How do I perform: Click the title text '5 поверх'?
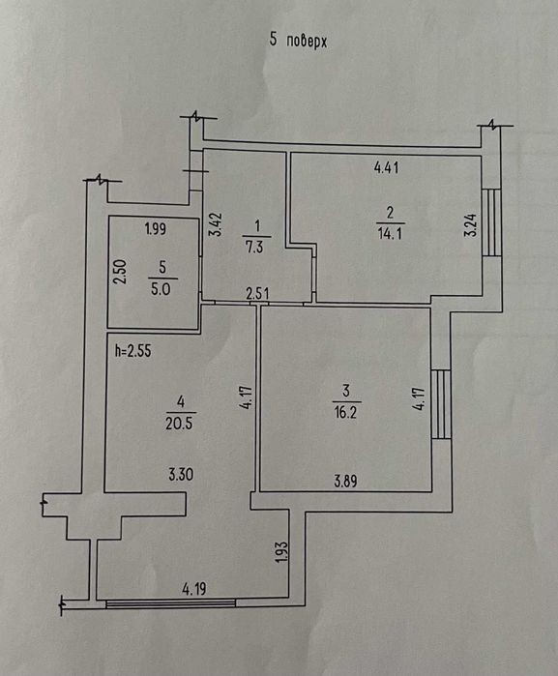298,41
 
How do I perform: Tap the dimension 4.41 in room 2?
386,167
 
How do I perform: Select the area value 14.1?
391,234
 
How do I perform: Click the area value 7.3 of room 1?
254,248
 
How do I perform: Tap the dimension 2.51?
257,294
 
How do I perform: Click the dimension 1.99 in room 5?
156,228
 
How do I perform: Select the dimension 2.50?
120,271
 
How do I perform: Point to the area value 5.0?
161,289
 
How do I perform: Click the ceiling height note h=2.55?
132,350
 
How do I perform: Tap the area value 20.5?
179,424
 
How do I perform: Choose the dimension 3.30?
181,475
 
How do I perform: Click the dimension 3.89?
346,481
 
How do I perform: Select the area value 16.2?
345,413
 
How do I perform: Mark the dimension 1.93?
281,553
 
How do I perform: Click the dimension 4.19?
194,589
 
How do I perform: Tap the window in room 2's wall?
491,222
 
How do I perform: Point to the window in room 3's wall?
441,404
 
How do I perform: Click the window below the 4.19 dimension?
171,603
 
